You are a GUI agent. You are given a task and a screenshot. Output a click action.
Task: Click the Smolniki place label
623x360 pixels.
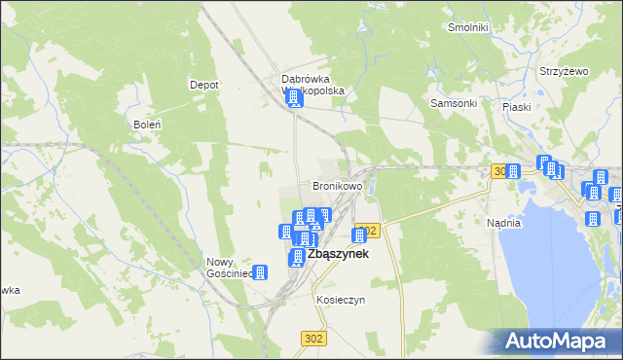point(467,27)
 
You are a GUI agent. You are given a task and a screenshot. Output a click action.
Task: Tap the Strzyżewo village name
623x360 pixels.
point(565,72)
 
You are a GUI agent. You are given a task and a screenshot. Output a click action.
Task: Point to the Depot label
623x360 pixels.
point(203,85)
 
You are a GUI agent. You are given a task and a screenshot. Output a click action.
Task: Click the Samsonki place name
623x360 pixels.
point(453,103)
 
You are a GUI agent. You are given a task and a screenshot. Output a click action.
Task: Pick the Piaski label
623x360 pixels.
point(516,107)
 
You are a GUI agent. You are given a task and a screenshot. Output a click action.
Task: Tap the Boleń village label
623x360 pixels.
point(145,125)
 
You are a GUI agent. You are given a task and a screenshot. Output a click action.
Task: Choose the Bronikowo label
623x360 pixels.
point(337,185)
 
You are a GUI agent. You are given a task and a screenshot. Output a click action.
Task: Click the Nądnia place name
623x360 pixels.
point(503,223)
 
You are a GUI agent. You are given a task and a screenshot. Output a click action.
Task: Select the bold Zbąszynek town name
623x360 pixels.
point(337,254)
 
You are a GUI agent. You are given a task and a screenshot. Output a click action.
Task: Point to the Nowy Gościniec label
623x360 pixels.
point(230,268)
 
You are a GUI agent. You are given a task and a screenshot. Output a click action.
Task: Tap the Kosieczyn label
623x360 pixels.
point(340,301)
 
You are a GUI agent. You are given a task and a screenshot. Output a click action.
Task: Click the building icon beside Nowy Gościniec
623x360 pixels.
point(261,273)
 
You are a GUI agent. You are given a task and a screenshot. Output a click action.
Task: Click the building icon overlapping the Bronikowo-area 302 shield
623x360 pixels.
point(359,235)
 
